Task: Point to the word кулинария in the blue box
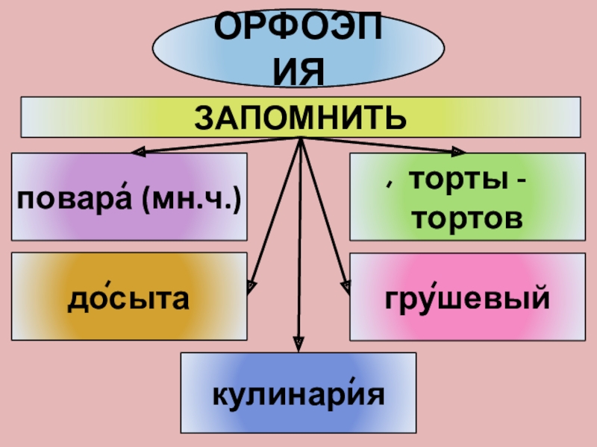click(x=298, y=394)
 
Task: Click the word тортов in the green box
click(x=467, y=219)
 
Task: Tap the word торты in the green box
click(x=454, y=179)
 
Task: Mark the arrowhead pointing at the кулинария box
click(x=298, y=343)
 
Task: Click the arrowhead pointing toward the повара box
click(x=138, y=153)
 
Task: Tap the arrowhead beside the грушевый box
click(x=346, y=285)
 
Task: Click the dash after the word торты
click(x=519, y=181)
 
